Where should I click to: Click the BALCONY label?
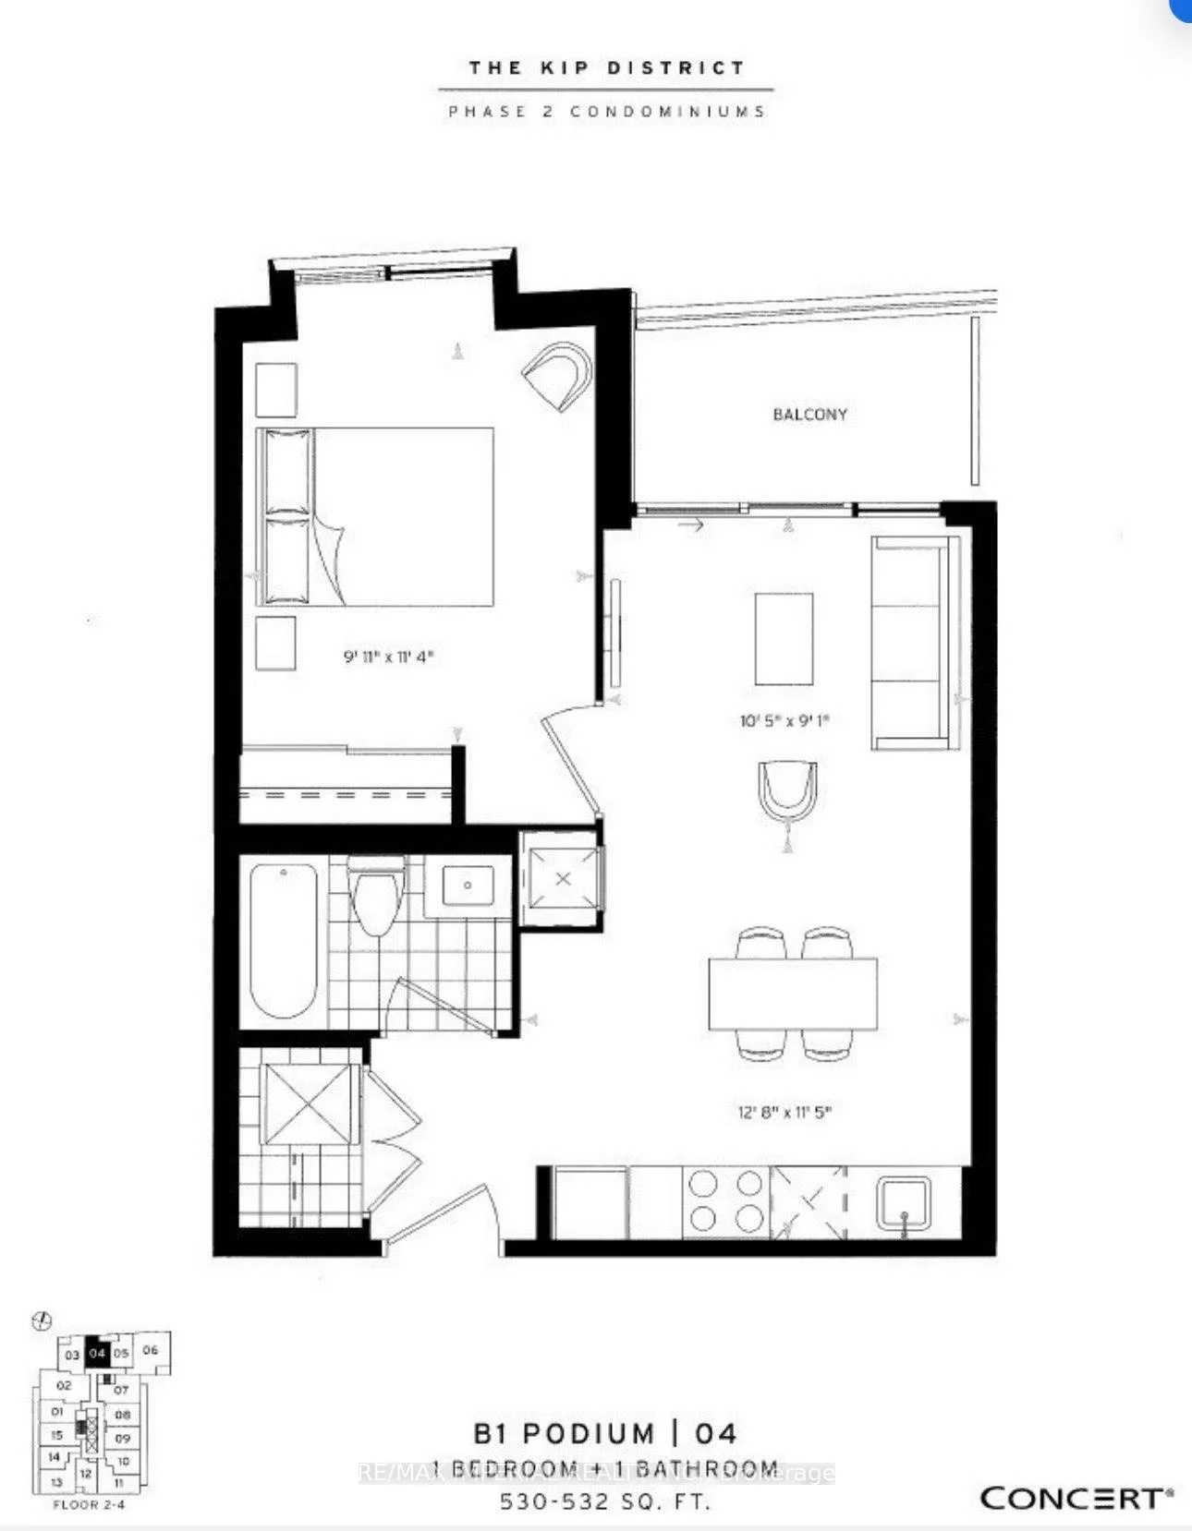pyautogui.click(x=809, y=415)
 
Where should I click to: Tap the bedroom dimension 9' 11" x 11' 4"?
pyautogui.click(x=388, y=657)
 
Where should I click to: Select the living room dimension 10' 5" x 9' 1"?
pyautogui.click(x=784, y=720)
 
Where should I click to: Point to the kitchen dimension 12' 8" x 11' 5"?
pyautogui.click(x=785, y=1112)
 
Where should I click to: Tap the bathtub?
pyautogui.click(x=284, y=940)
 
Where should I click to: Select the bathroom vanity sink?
pyautogui.click(x=468, y=886)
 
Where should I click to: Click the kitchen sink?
pyautogui.click(x=905, y=1205)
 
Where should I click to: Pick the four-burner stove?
pyautogui.click(x=726, y=1200)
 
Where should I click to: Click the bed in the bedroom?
pyautogui.click(x=375, y=517)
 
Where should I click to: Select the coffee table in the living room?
pyautogui.click(x=784, y=638)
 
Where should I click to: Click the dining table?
pyautogui.click(x=793, y=994)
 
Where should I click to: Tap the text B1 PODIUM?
pyautogui.click(x=564, y=1434)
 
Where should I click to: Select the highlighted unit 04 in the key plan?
pyautogui.click(x=97, y=1354)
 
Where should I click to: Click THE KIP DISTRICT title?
pyautogui.click(x=606, y=67)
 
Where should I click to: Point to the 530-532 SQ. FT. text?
pyautogui.click(x=605, y=1502)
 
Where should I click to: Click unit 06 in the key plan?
pyautogui.click(x=151, y=1350)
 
